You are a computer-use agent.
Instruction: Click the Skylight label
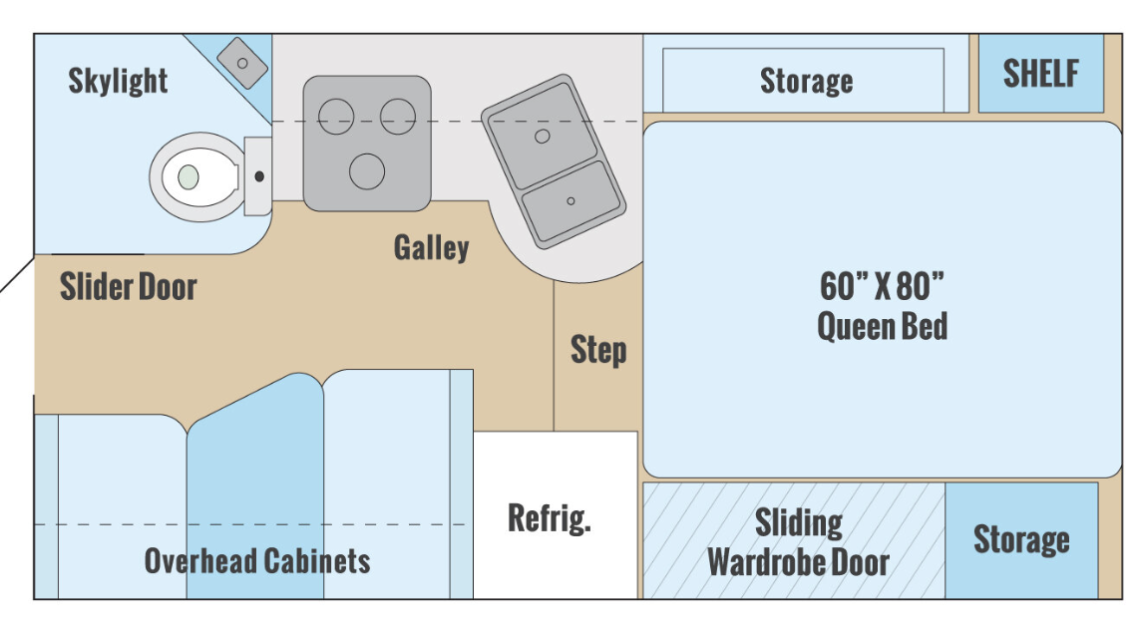coord(118,81)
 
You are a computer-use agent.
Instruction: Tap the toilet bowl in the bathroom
coord(196,176)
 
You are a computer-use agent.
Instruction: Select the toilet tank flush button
coord(259,176)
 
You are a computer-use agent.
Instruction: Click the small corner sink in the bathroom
coord(242,63)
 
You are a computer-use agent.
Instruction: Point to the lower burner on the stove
coord(367,171)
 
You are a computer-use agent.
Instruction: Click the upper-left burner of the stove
coord(335,117)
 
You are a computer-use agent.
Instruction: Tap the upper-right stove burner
coord(398,117)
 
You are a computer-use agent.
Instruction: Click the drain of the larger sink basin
coord(542,136)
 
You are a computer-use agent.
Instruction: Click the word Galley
coord(432,247)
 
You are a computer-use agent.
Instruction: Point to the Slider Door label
coord(128,286)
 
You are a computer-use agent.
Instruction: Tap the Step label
coord(597,350)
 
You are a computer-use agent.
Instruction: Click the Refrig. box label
coord(550,517)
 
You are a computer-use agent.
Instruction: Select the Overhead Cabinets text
coord(257,560)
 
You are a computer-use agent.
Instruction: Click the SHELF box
coord(1041,74)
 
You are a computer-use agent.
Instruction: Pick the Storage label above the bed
coord(806,81)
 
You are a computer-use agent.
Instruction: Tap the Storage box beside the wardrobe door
coord(1021,540)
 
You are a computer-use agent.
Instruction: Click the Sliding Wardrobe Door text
coord(798,542)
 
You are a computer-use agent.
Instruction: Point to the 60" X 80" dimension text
coord(882,286)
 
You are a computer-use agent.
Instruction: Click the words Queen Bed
coord(883,326)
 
